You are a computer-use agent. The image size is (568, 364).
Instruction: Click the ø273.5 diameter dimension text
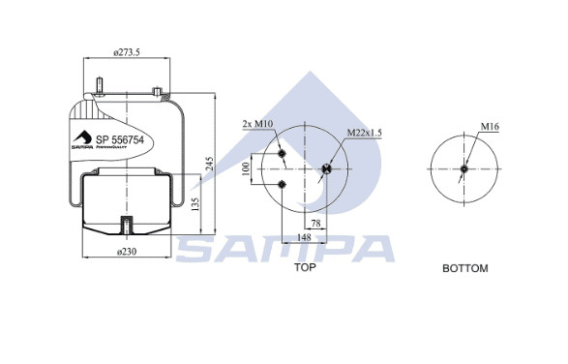click(127, 52)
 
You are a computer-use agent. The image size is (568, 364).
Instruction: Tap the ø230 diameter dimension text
click(127, 252)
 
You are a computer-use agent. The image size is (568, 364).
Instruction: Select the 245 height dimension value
click(209, 164)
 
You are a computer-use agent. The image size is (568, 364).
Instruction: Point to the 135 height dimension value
click(194, 205)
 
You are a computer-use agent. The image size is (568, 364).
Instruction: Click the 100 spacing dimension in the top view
click(246, 169)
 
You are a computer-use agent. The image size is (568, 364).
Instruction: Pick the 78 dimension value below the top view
click(315, 224)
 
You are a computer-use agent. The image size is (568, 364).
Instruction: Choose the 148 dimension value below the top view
click(304, 237)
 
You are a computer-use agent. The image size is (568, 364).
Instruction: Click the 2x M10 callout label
click(257, 124)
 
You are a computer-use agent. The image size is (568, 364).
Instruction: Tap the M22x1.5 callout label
click(365, 133)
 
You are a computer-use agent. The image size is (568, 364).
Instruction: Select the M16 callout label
click(490, 127)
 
